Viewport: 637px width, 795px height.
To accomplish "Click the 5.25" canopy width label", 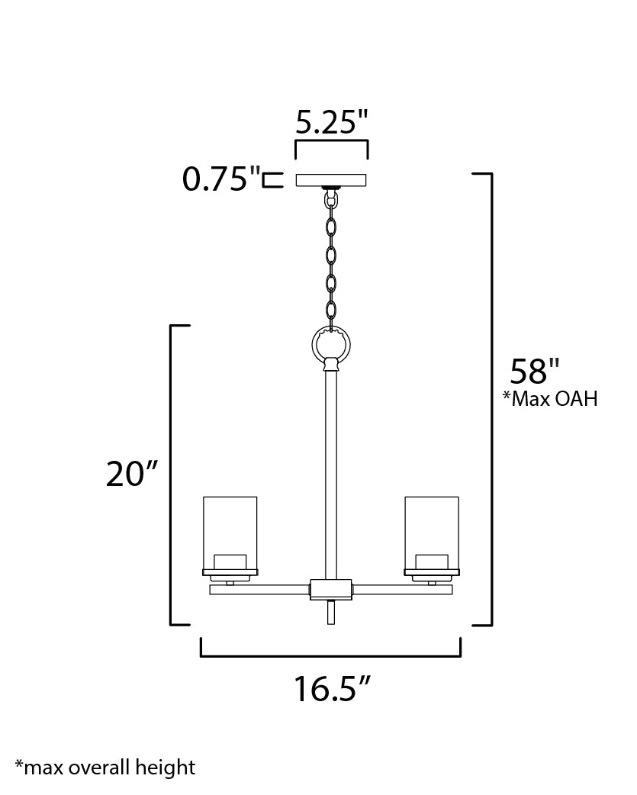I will coord(332,121).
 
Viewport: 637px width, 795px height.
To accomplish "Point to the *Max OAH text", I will coord(549,399).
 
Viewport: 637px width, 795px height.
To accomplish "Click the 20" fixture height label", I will coord(131,474).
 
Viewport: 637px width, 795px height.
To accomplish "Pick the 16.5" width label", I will coord(332,690).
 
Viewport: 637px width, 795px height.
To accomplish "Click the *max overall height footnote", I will coord(105,768).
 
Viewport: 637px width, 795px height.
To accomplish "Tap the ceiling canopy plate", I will coord(330,181).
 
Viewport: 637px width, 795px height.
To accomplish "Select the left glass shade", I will coord(230,526).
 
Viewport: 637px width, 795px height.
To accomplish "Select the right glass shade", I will coord(432,526).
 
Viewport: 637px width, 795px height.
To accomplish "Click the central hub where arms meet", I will coord(331,589).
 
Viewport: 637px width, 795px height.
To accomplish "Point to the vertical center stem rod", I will coord(331,473).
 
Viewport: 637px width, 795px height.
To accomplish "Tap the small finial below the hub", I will coord(331,612).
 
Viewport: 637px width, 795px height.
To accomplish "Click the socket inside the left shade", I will coord(230,562).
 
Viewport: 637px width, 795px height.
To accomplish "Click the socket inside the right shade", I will coord(432,562).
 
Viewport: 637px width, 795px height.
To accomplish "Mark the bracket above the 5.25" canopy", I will coord(332,143).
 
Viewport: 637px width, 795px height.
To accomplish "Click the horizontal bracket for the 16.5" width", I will coord(330,655).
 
